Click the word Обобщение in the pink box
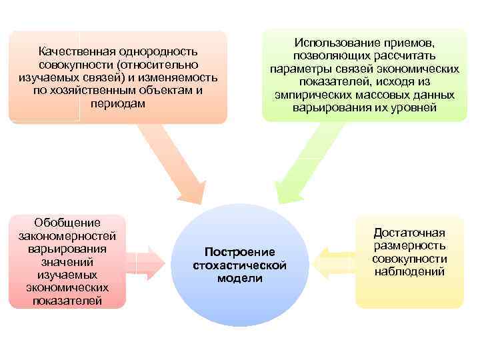point(69,222)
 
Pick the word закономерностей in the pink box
point(69,235)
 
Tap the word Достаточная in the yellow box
point(409,233)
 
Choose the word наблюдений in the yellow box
point(409,272)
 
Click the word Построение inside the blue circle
point(239,252)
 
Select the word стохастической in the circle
point(239,265)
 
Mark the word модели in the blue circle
point(239,279)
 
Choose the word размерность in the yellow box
point(409,246)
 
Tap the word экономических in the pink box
point(69,287)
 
